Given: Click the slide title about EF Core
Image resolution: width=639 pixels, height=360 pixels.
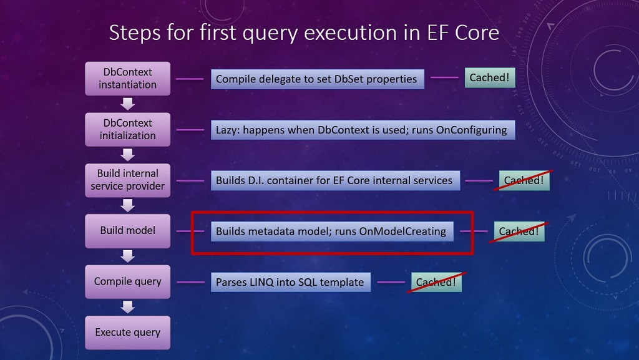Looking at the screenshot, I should (x=304, y=32).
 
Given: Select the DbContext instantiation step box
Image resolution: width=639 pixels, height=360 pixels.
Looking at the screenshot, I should (x=128, y=79).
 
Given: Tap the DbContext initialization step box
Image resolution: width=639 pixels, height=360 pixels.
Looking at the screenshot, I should (x=128, y=129).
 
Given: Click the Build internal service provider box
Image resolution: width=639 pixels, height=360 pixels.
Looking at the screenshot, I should (x=128, y=180).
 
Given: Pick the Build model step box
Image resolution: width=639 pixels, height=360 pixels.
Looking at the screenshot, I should (x=128, y=230).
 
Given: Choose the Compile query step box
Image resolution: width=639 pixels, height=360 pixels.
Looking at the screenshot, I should (x=128, y=281).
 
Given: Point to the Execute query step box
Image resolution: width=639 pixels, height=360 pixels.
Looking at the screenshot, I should (x=128, y=332).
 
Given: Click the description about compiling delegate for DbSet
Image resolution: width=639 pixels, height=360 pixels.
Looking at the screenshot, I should (x=318, y=79).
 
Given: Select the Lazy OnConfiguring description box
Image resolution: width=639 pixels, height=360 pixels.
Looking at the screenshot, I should (x=363, y=130).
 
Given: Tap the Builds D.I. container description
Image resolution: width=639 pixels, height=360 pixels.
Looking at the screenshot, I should (x=335, y=180).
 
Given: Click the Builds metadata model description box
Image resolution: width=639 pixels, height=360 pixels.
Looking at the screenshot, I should (x=331, y=231).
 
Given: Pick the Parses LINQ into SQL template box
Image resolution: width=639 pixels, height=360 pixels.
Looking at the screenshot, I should (x=290, y=282).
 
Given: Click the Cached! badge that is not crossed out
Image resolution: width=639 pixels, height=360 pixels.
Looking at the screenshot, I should (x=490, y=78).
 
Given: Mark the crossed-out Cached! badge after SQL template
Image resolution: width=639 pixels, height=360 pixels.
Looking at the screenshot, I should (x=436, y=282).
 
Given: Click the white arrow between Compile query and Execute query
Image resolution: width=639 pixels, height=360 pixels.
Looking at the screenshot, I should (x=128, y=307).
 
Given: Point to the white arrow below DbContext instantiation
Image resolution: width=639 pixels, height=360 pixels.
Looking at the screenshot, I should (x=128, y=104).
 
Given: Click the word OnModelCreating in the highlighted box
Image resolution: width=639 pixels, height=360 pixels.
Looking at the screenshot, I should (x=402, y=231).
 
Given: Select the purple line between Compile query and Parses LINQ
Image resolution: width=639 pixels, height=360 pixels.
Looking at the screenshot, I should (x=190, y=282).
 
